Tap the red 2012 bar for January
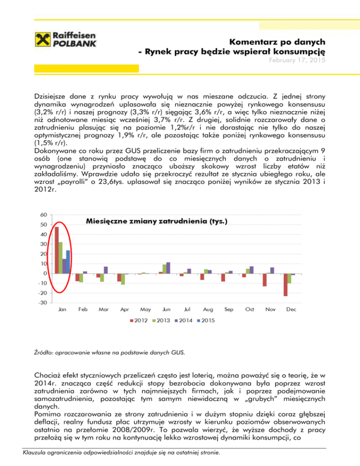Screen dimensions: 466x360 tap(57, 250)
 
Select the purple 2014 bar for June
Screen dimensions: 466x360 tap(168, 268)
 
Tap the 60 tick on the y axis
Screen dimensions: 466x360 tap(43, 215)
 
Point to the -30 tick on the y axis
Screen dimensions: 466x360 tap(42, 303)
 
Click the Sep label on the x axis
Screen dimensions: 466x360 tap(229, 310)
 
